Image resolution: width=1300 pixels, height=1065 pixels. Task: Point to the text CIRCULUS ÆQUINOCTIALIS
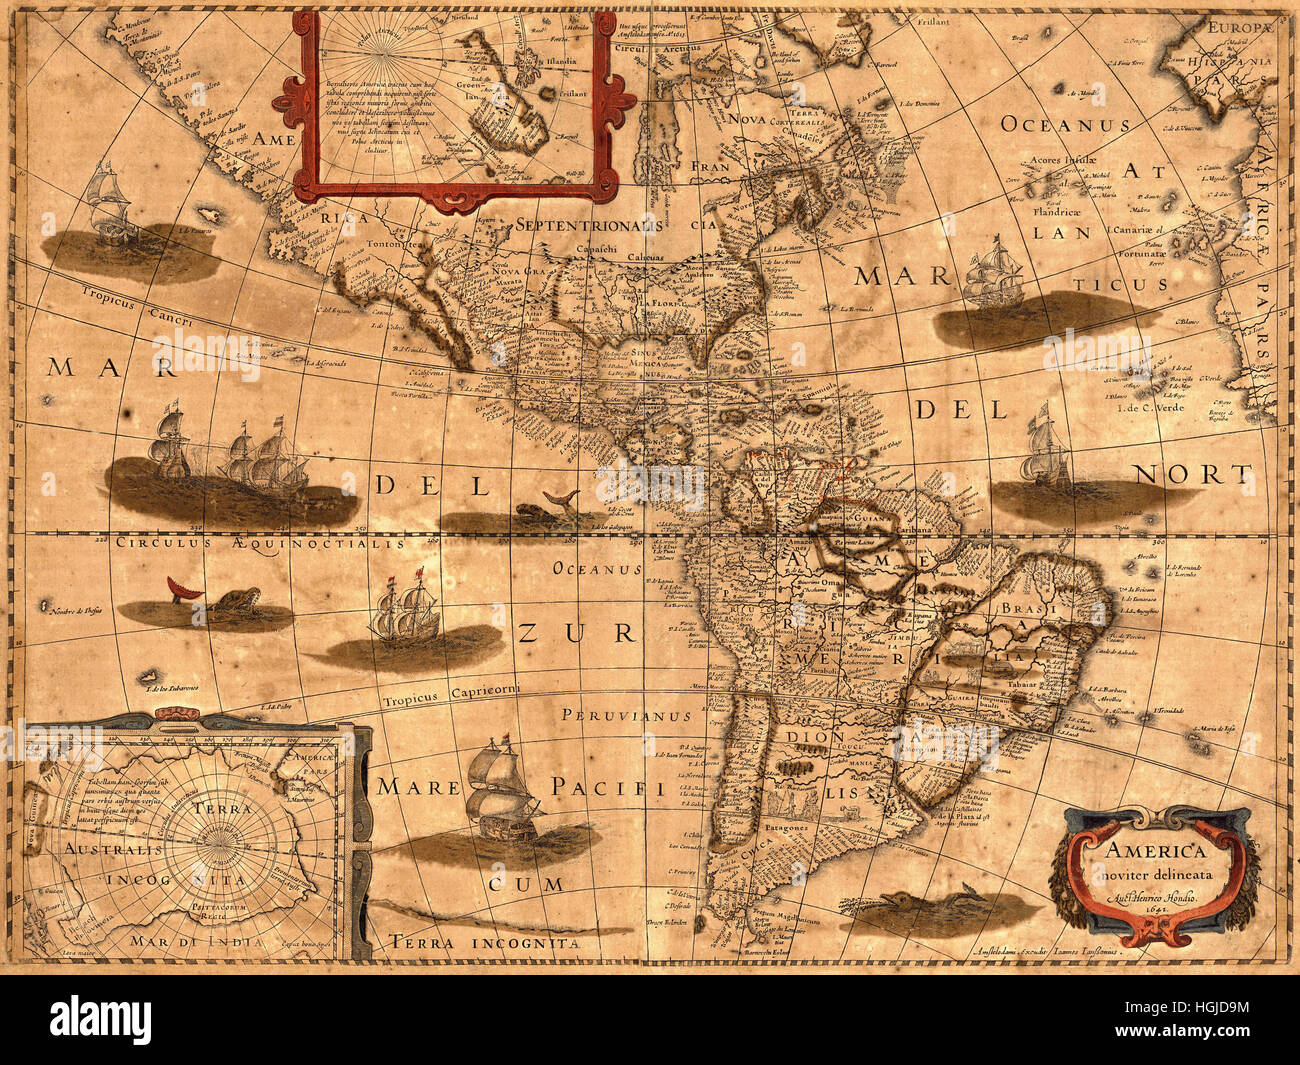coord(260,544)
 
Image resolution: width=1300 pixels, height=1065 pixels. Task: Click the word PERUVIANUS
coord(626,716)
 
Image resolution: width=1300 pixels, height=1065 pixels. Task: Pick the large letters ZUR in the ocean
coord(576,633)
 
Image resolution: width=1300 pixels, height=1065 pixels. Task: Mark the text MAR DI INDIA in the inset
coord(196,941)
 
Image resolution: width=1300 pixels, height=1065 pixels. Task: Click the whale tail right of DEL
coord(557,500)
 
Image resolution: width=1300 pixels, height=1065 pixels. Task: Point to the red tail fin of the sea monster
coord(182,590)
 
